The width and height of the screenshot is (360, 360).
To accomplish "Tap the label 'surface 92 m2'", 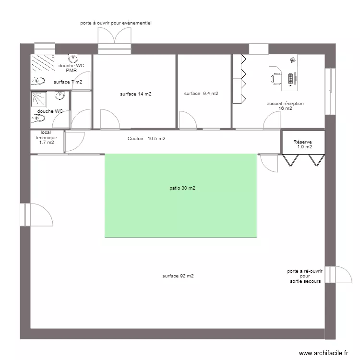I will [x=178, y=276].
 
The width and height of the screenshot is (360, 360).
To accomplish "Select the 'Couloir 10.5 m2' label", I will [x=146, y=139].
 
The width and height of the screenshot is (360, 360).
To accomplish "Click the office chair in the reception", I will [x=276, y=78].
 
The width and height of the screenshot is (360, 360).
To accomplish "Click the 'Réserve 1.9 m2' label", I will [x=303, y=144].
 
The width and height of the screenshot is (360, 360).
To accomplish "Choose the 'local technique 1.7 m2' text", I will [x=46, y=137].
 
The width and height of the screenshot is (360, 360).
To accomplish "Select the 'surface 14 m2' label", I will [x=136, y=94].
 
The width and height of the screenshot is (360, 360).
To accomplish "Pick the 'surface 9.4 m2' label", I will [x=201, y=94].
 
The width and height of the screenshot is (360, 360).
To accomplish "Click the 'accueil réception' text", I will [x=285, y=104].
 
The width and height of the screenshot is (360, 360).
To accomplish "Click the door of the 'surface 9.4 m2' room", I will [x=187, y=120].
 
